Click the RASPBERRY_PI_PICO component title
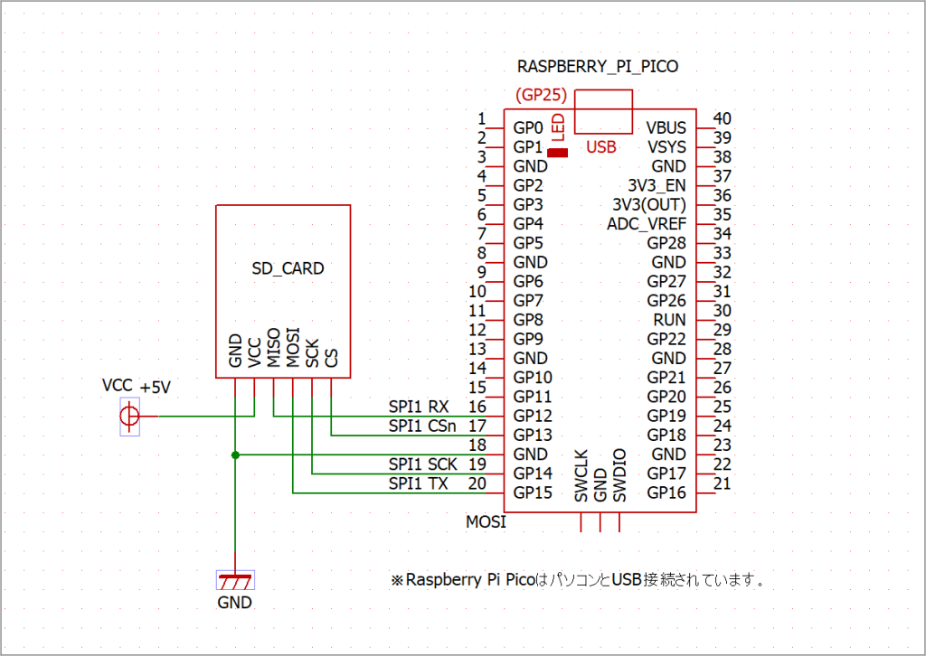[597, 66]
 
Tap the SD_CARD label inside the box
[288, 268]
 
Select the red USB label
[601, 147]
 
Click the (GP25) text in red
[540, 95]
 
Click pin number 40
[722, 118]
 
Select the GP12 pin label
[533, 416]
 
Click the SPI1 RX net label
[419, 407]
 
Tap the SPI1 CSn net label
[423, 426]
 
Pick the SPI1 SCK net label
[423, 464]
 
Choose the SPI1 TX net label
[419, 483]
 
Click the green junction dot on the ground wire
[235, 455]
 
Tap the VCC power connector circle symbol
[130, 417]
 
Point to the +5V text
[156, 387]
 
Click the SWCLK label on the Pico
[581, 475]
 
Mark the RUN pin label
[669, 320]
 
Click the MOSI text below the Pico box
[486, 522]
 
